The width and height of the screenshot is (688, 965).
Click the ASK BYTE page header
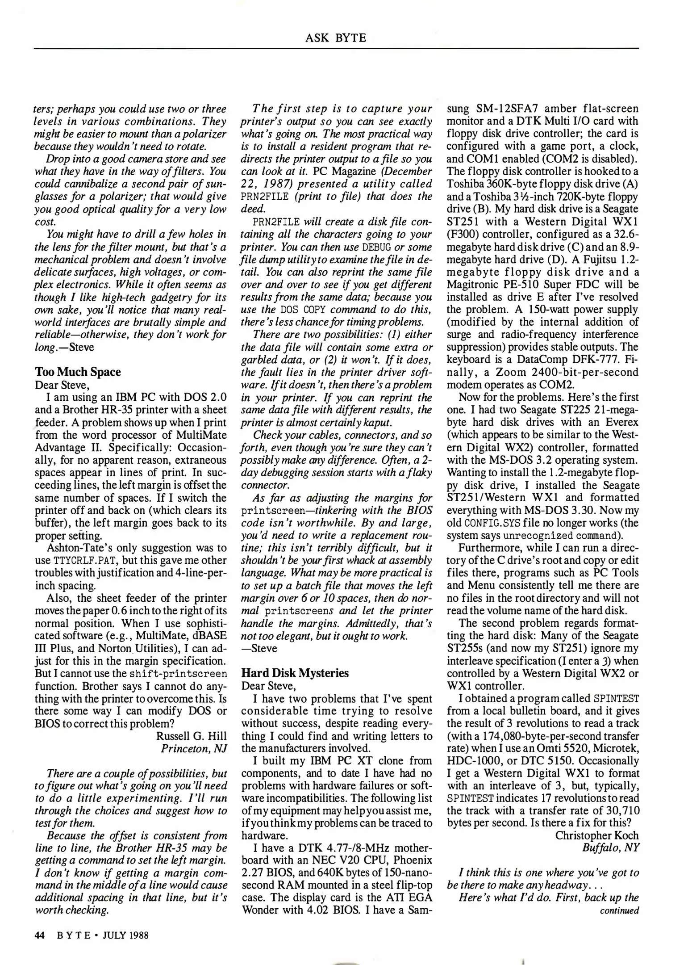point(336,38)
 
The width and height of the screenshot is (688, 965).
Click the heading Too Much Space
point(78,372)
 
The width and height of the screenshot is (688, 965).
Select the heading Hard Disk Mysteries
point(295,673)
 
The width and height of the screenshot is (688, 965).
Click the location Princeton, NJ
point(194,748)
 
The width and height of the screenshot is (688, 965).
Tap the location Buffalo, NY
point(610,848)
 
